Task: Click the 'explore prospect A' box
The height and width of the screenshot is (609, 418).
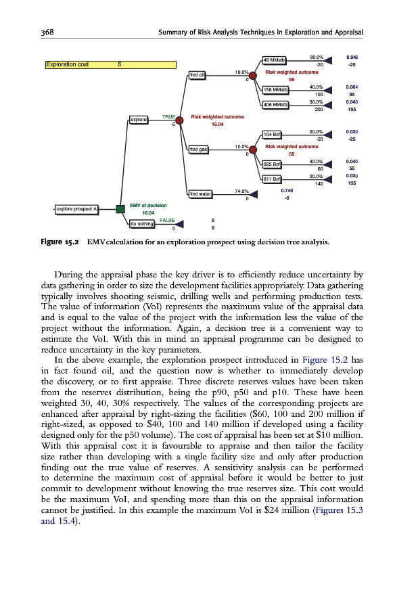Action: coord(77,208)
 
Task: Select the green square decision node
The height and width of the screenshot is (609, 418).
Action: coord(120,208)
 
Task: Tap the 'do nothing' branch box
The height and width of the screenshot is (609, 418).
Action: coord(140,223)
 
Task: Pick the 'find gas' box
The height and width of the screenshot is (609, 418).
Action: coord(199,149)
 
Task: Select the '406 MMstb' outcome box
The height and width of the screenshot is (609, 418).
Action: coord(275,104)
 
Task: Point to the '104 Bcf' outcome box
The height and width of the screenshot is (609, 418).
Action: coord(272,134)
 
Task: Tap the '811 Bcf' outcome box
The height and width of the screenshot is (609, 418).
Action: coord(272,179)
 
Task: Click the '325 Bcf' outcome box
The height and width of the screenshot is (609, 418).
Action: coord(272,164)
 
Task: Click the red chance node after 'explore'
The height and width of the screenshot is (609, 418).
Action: coord(180,120)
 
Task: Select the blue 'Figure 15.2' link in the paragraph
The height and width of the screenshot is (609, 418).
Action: coord(326,359)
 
